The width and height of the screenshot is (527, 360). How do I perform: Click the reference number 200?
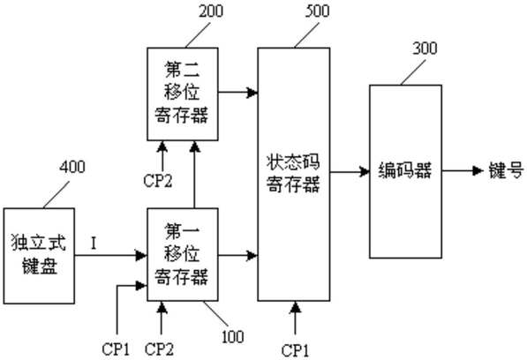click(211, 11)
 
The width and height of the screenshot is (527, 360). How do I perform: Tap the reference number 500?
click(317, 11)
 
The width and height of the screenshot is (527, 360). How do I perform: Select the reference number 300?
click(425, 49)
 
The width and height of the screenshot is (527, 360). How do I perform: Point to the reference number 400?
click(72, 167)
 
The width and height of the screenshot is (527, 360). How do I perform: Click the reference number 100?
click(233, 336)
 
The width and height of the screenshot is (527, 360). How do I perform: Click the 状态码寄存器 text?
click(293, 174)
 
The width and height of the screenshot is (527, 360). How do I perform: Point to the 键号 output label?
click(506, 170)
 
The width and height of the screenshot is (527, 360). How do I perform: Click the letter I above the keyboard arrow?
click(94, 244)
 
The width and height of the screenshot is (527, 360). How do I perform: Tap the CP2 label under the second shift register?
click(158, 181)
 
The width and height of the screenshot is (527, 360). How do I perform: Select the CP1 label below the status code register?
click(295, 350)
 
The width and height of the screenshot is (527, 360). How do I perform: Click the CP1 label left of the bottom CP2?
click(116, 349)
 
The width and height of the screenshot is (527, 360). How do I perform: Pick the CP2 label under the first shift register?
click(159, 349)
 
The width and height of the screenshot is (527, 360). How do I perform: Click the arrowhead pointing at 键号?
click(478, 171)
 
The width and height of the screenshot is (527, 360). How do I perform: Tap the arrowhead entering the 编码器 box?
click(365, 171)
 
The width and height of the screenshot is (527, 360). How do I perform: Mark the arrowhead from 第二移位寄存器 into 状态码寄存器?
click(252, 93)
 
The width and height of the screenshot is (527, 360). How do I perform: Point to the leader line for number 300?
click(413, 72)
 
